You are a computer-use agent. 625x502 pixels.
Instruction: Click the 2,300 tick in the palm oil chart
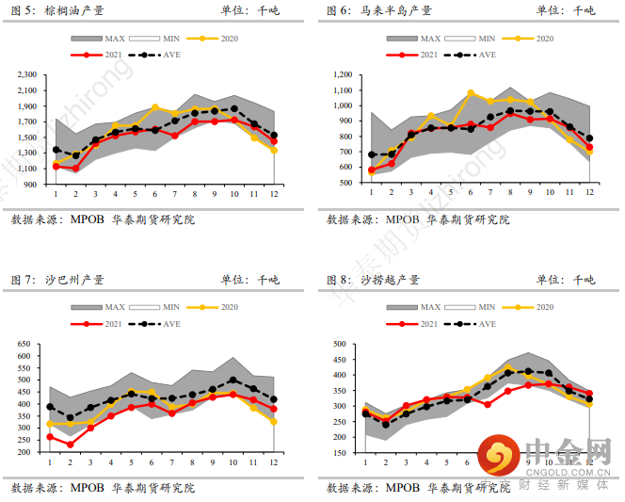[24, 74]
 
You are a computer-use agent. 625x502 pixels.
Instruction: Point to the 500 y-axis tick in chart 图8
[342, 345]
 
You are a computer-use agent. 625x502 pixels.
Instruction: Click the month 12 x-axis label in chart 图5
[274, 194]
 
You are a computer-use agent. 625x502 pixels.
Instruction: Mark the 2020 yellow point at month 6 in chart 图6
[471, 93]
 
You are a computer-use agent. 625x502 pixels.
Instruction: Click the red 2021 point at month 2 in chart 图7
[70, 445]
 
